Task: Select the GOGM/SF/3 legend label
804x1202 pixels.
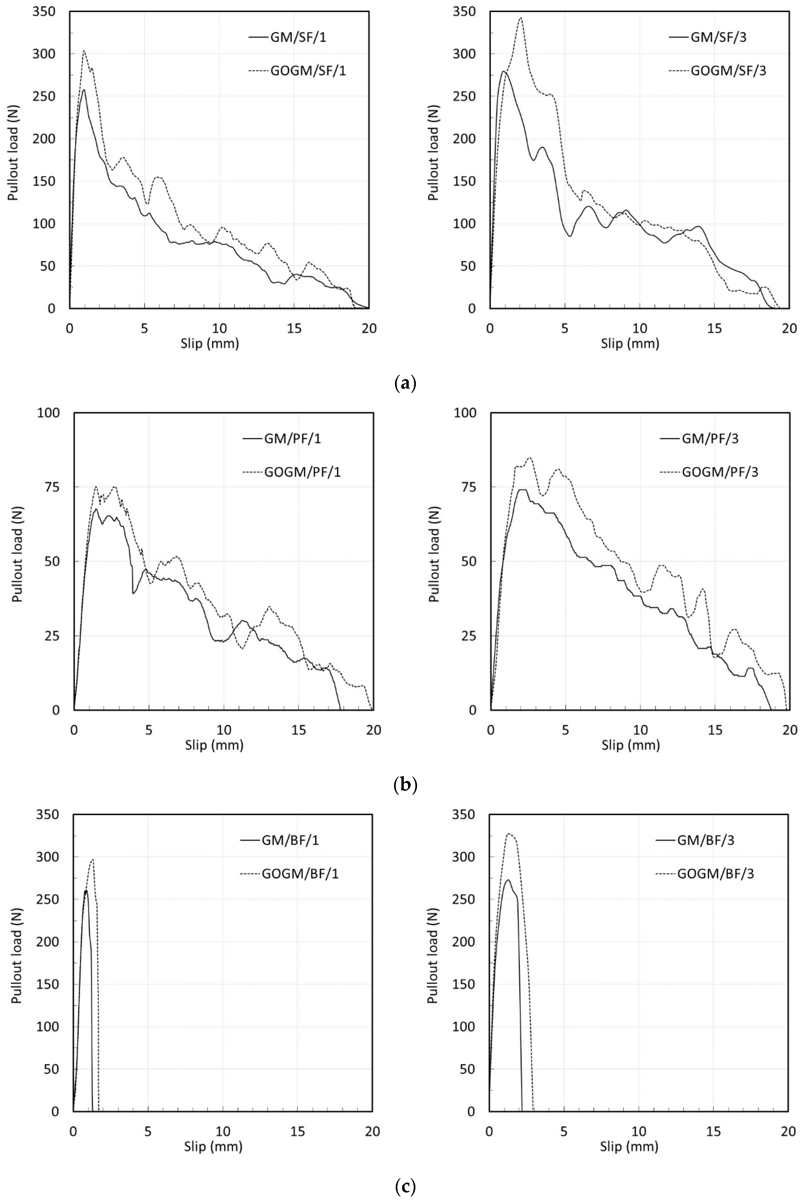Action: (x=728, y=71)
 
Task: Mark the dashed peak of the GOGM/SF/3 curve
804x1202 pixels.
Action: (x=520, y=18)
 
